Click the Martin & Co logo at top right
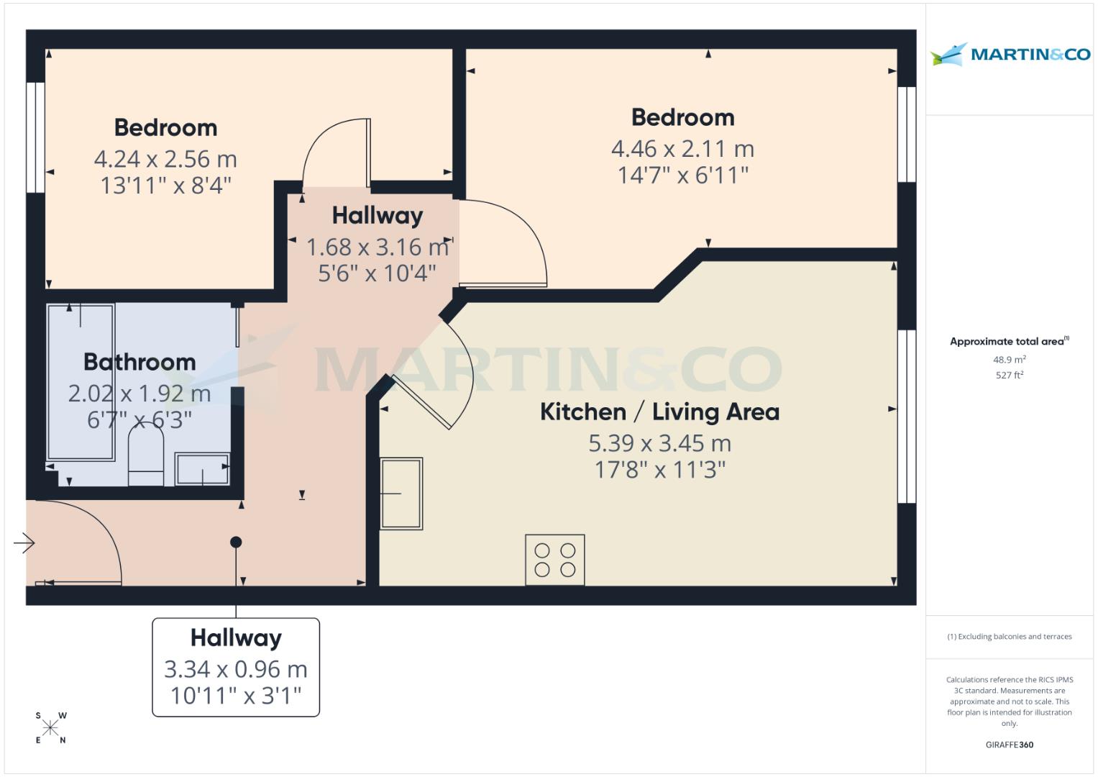(x=1010, y=54)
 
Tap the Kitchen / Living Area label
(x=659, y=412)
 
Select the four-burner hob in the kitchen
(x=554, y=560)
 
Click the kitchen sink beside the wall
(x=401, y=494)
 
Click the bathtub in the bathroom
(x=81, y=381)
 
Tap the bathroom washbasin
(x=202, y=469)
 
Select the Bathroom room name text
(x=139, y=362)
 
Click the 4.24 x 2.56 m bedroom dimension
(x=165, y=159)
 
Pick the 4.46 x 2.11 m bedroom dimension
(x=682, y=149)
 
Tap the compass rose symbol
(x=50, y=728)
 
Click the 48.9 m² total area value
(x=1009, y=359)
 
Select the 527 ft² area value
(x=1009, y=375)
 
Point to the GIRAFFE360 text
(x=1009, y=745)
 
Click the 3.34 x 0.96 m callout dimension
(x=236, y=669)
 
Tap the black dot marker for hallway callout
(x=236, y=542)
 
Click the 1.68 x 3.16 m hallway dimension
(x=378, y=247)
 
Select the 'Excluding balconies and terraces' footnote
(x=1009, y=637)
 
